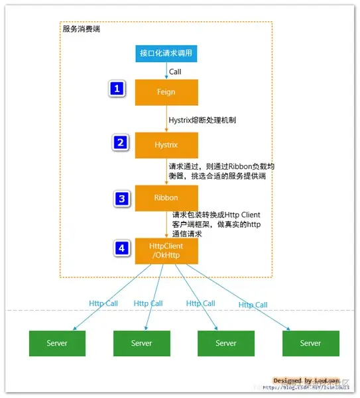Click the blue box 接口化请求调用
click(166, 54)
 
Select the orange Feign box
click(166, 92)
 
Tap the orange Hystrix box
click(166, 144)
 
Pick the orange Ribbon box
click(166, 197)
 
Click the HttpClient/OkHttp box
click(166, 251)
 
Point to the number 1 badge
click(117, 89)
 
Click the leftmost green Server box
click(57, 343)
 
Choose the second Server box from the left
click(141, 343)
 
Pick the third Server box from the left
click(225, 343)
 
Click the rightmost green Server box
click(310, 343)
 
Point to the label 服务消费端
click(81, 29)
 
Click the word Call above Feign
click(175, 72)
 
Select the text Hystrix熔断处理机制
click(202, 121)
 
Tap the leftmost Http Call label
click(103, 303)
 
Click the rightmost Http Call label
click(253, 305)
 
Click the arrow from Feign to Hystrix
click(166, 119)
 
